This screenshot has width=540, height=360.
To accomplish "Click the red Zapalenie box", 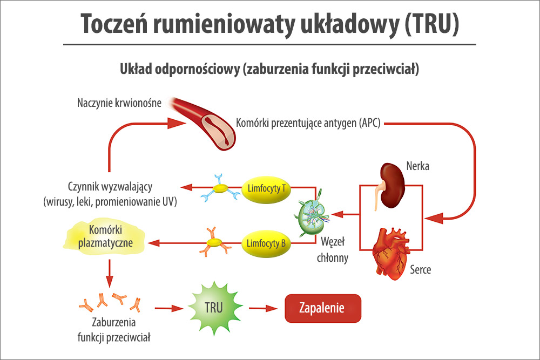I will click(x=322, y=308).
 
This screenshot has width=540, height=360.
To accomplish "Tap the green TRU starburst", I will click(x=214, y=307).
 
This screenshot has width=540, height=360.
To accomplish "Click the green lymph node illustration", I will click(x=313, y=214).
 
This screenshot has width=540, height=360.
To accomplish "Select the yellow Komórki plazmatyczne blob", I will click(x=106, y=236).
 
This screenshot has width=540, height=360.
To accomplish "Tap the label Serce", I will click(x=420, y=269).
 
